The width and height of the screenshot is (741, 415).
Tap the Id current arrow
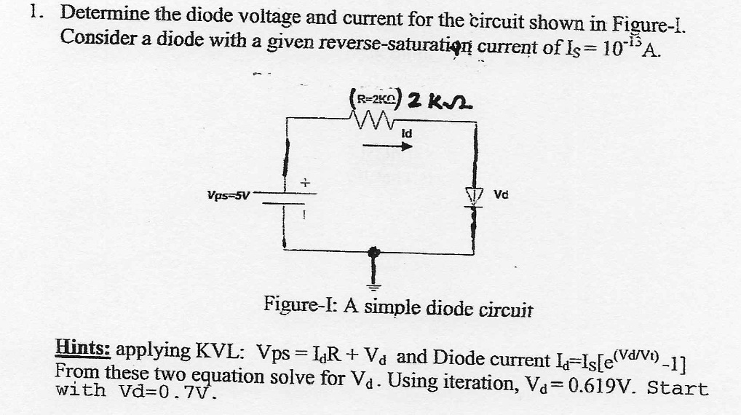[387, 146]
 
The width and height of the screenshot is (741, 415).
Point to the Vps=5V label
[229, 195]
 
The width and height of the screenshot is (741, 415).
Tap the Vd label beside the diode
[501, 195]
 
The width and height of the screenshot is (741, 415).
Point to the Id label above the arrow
[406, 133]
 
